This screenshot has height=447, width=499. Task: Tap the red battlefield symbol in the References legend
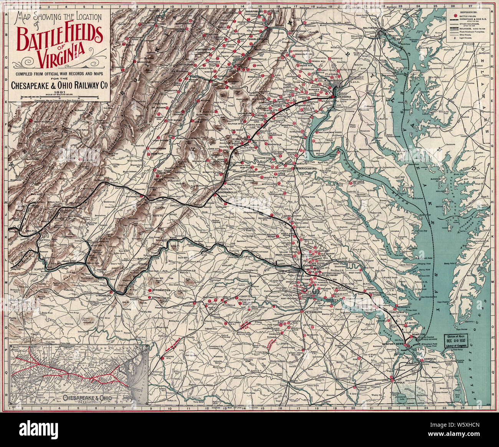(455, 16)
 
